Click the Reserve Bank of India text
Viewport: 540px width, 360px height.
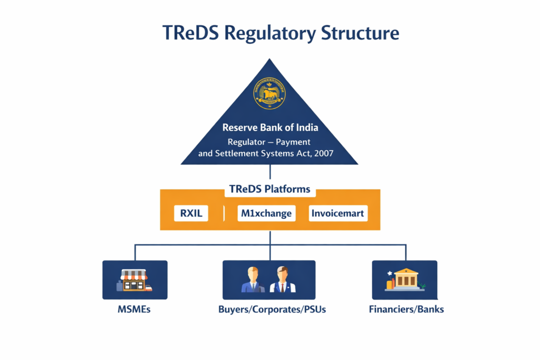click(270, 128)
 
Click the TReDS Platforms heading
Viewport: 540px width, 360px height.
click(270, 189)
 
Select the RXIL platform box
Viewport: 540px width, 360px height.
click(191, 213)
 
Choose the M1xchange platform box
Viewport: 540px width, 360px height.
click(266, 213)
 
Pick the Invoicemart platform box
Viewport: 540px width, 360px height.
click(337, 213)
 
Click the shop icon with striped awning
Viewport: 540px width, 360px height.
click(134, 280)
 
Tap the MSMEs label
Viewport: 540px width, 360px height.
click(134, 309)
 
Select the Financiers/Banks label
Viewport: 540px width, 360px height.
click(406, 309)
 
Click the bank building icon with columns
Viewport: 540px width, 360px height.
click(406, 279)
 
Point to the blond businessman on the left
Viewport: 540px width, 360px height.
click(253, 280)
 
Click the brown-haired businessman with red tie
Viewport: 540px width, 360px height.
click(283, 280)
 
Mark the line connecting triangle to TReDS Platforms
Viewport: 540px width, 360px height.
click(270, 172)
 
